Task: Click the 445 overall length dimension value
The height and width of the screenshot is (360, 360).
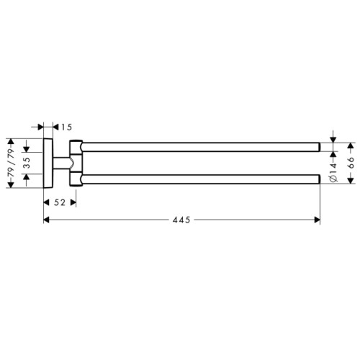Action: (181, 220)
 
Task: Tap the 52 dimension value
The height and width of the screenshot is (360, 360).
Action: (60, 202)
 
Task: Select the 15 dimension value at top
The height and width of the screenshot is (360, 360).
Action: (66, 127)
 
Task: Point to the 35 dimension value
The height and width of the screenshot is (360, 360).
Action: (27, 163)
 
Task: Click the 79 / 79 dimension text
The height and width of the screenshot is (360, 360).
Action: (12, 163)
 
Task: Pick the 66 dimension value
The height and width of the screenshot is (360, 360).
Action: (351, 163)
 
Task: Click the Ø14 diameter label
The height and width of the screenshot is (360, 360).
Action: (333, 172)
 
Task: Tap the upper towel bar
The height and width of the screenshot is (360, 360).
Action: (201, 147)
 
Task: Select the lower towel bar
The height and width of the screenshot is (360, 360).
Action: (201, 179)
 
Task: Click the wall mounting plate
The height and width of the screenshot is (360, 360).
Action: (48, 163)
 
